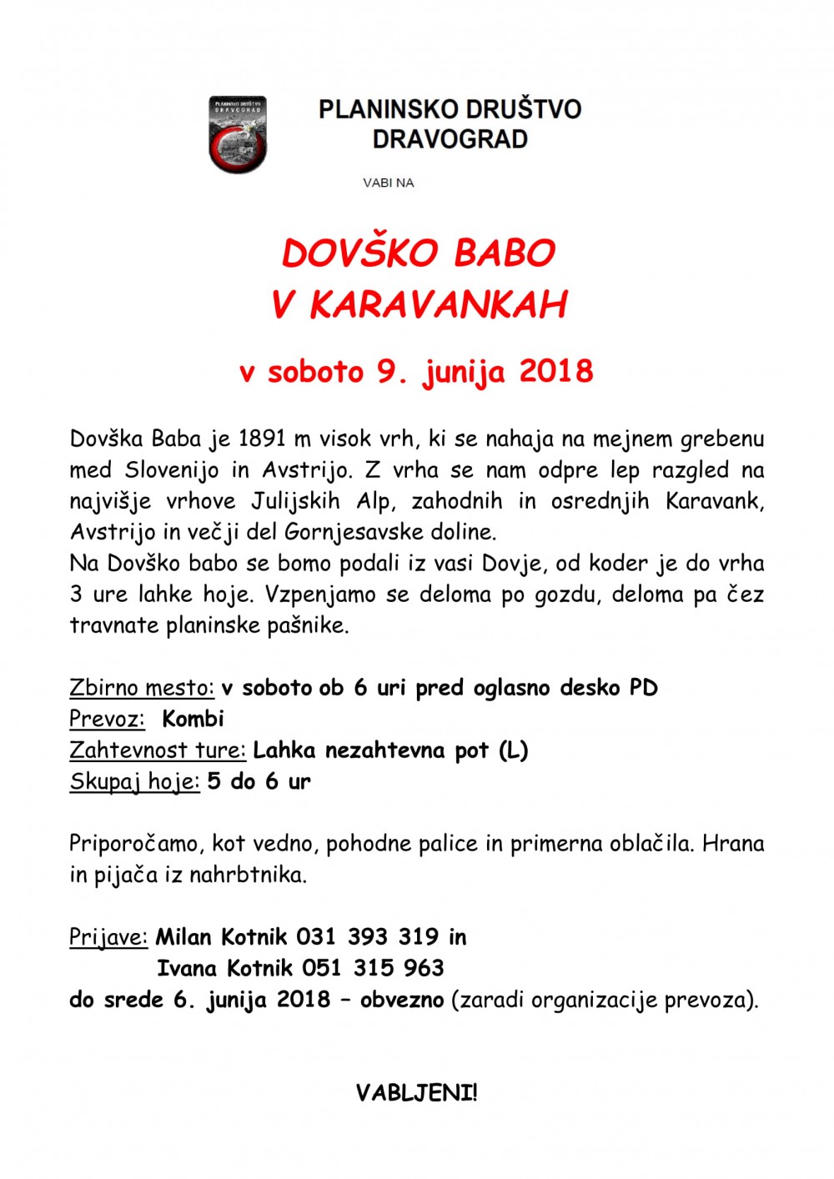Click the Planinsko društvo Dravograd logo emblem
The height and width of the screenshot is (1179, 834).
(x=238, y=134)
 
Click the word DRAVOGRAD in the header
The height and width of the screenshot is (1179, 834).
(x=450, y=138)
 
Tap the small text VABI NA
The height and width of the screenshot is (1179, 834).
(x=388, y=183)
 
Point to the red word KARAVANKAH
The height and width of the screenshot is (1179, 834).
(x=439, y=305)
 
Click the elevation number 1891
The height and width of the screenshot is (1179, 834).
(x=263, y=439)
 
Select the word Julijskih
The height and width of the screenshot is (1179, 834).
(x=295, y=501)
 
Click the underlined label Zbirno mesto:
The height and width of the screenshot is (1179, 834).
(x=142, y=688)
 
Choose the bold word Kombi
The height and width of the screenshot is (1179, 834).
(x=193, y=719)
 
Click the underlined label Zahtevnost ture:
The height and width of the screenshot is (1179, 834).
(x=158, y=750)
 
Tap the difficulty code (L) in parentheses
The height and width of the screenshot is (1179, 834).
(x=513, y=750)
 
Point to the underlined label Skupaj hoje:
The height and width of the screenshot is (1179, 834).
(x=134, y=782)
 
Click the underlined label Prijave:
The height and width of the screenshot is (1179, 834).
(x=108, y=937)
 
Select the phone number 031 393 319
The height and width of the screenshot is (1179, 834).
(x=367, y=937)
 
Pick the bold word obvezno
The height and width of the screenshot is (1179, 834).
(x=402, y=999)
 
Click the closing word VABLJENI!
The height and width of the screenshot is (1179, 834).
(x=416, y=1093)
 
